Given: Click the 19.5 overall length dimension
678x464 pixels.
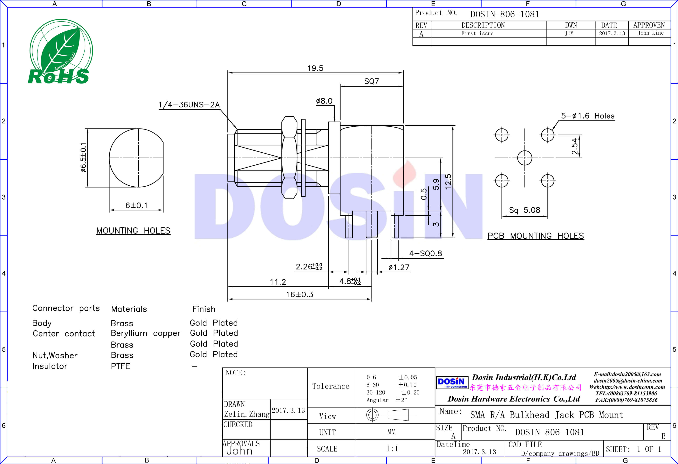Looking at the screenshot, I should [315, 68].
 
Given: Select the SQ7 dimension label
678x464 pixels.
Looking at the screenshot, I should [371, 81].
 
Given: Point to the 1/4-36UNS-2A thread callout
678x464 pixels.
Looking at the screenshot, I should [189, 105].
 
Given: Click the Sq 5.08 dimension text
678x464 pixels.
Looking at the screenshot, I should [524, 210].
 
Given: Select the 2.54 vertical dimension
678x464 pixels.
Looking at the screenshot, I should [574, 146].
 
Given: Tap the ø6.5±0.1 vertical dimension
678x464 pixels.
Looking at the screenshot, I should [83, 158].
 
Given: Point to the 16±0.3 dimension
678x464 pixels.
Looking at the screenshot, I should [299, 294].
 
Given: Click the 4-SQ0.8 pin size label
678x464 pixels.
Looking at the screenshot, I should [425, 253].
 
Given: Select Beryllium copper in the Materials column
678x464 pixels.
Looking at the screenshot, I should [146, 333].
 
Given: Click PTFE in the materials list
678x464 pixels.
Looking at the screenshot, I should [120, 366].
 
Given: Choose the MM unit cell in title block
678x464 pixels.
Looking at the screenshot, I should [391, 432].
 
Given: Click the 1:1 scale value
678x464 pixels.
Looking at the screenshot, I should [392, 448].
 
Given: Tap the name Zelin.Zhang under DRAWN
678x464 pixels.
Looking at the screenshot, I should [247, 414].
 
